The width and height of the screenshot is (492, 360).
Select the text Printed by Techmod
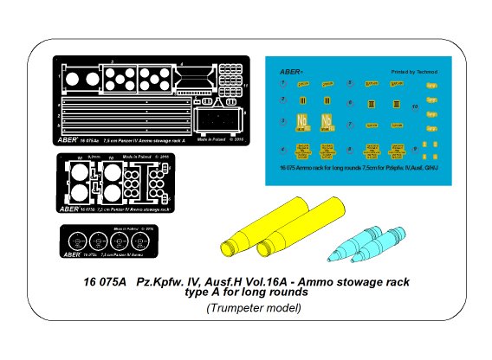tap(411, 73)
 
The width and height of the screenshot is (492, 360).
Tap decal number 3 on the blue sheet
tap(282, 120)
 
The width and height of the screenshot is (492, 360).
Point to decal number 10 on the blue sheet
tap(415, 107)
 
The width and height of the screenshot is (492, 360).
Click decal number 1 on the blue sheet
tap(282, 84)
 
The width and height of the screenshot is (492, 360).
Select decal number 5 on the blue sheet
tap(348, 84)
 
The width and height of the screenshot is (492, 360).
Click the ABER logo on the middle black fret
tap(72, 208)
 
